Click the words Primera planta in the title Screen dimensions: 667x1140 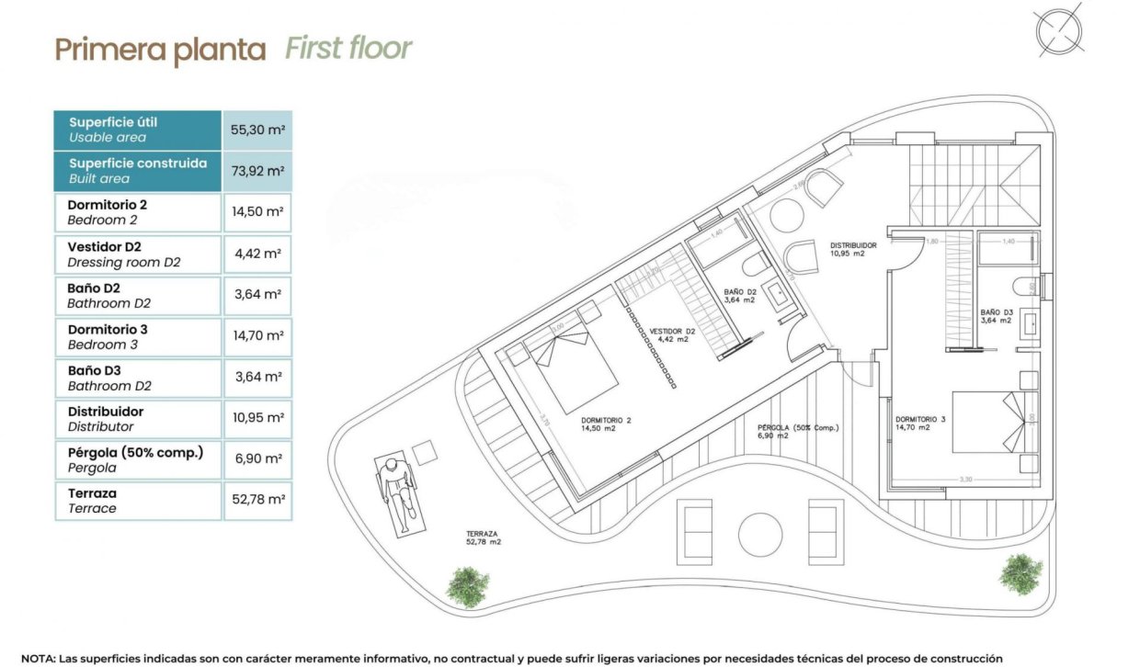[x=160, y=49]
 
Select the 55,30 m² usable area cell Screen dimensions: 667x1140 [x=256, y=130]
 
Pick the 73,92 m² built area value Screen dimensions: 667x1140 [x=256, y=171]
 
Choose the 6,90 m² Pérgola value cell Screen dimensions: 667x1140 [x=256, y=459]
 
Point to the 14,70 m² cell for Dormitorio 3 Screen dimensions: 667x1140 [x=256, y=336]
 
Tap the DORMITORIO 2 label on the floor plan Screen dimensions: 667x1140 [x=607, y=423]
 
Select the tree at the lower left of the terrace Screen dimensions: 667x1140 [x=468, y=582]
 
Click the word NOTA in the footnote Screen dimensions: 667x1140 [x=38, y=659]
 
